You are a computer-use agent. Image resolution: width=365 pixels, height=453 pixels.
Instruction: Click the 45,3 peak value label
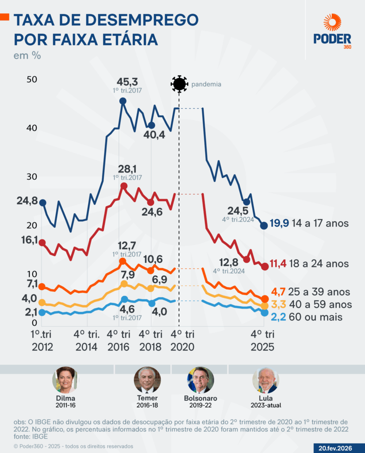pos(127,82)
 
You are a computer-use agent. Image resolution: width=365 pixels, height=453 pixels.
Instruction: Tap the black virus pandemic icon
pos(179,84)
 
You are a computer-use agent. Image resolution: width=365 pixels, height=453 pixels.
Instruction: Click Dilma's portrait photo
pos(65,380)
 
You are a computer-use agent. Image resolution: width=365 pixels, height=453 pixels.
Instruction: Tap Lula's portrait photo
pos(265,380)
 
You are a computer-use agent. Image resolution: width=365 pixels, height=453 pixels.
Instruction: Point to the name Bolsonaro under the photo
pos(200,398)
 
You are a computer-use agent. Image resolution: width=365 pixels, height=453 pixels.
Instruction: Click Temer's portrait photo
pos(147,380)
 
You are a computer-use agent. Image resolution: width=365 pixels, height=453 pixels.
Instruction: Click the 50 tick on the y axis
pos(32,80)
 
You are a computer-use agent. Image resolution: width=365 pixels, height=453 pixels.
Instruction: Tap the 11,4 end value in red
pos(278,264)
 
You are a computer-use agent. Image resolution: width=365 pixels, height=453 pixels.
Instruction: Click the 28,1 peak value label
pos(127,169)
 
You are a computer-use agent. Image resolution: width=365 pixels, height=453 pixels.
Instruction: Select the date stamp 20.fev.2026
pos(335,448)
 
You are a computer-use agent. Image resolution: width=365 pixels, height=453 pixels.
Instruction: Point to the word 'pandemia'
pos(206,84)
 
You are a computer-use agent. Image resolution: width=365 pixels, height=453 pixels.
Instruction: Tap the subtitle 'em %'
pos(27,56)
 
